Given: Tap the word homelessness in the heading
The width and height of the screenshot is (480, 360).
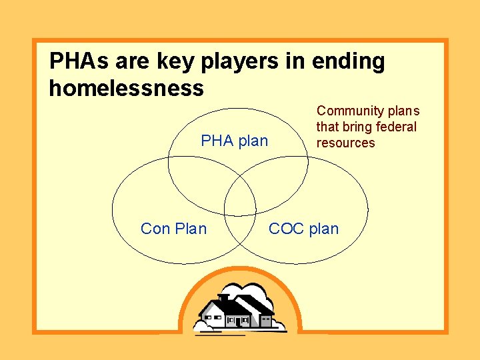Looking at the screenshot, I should (x=126, y=88).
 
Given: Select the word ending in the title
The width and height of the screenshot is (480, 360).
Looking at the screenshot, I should (x=350, y=62).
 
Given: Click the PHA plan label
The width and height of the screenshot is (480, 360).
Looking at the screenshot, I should (x=234, y=141).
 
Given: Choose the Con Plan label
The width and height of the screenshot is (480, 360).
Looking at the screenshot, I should (x=173, y=229).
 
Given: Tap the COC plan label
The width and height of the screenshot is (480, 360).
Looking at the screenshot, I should (x=303, y=229).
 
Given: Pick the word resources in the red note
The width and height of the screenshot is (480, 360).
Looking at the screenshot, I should (x=345, y=143).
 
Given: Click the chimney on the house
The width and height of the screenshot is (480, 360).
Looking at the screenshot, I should (x=224, y=298).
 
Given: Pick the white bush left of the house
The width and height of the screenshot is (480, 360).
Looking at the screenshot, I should (x=201, y=325).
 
